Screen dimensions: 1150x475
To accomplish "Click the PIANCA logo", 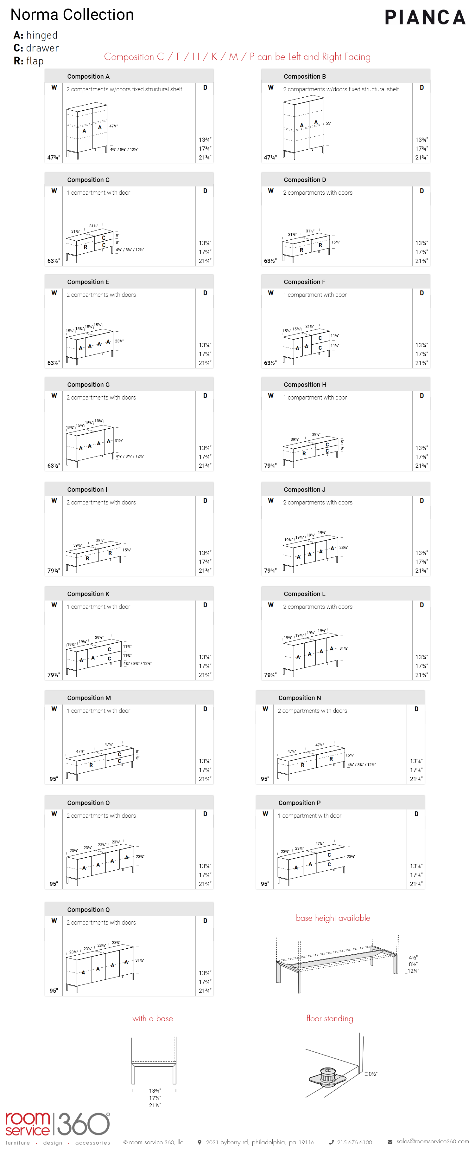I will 425,17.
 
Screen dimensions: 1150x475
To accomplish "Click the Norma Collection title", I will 72,15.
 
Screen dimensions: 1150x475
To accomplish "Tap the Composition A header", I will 88,76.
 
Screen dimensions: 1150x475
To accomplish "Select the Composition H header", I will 305,384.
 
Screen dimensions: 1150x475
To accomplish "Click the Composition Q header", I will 88,909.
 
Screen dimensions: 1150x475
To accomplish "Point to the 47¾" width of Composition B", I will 270,158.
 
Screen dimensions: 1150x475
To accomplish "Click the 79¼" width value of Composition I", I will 54,570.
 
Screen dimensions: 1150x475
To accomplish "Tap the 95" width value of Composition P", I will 265,884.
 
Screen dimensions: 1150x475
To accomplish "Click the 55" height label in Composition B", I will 328,123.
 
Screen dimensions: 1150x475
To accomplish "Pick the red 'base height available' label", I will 333,918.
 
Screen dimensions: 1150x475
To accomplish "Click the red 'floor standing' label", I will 330,1018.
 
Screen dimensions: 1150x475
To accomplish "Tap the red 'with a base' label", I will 153,1018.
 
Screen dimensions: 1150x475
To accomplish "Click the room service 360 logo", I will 57,1125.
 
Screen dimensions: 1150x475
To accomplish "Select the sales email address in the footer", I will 432,1141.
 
